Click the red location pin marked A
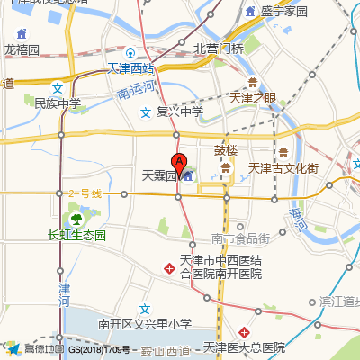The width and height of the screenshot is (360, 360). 179,165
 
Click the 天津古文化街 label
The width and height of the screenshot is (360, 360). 283,168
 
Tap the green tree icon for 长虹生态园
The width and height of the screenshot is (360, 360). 76,218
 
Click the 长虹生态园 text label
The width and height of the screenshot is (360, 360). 76,235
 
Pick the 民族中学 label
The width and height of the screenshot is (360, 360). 58,103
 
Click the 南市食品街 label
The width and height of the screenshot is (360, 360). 240,238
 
